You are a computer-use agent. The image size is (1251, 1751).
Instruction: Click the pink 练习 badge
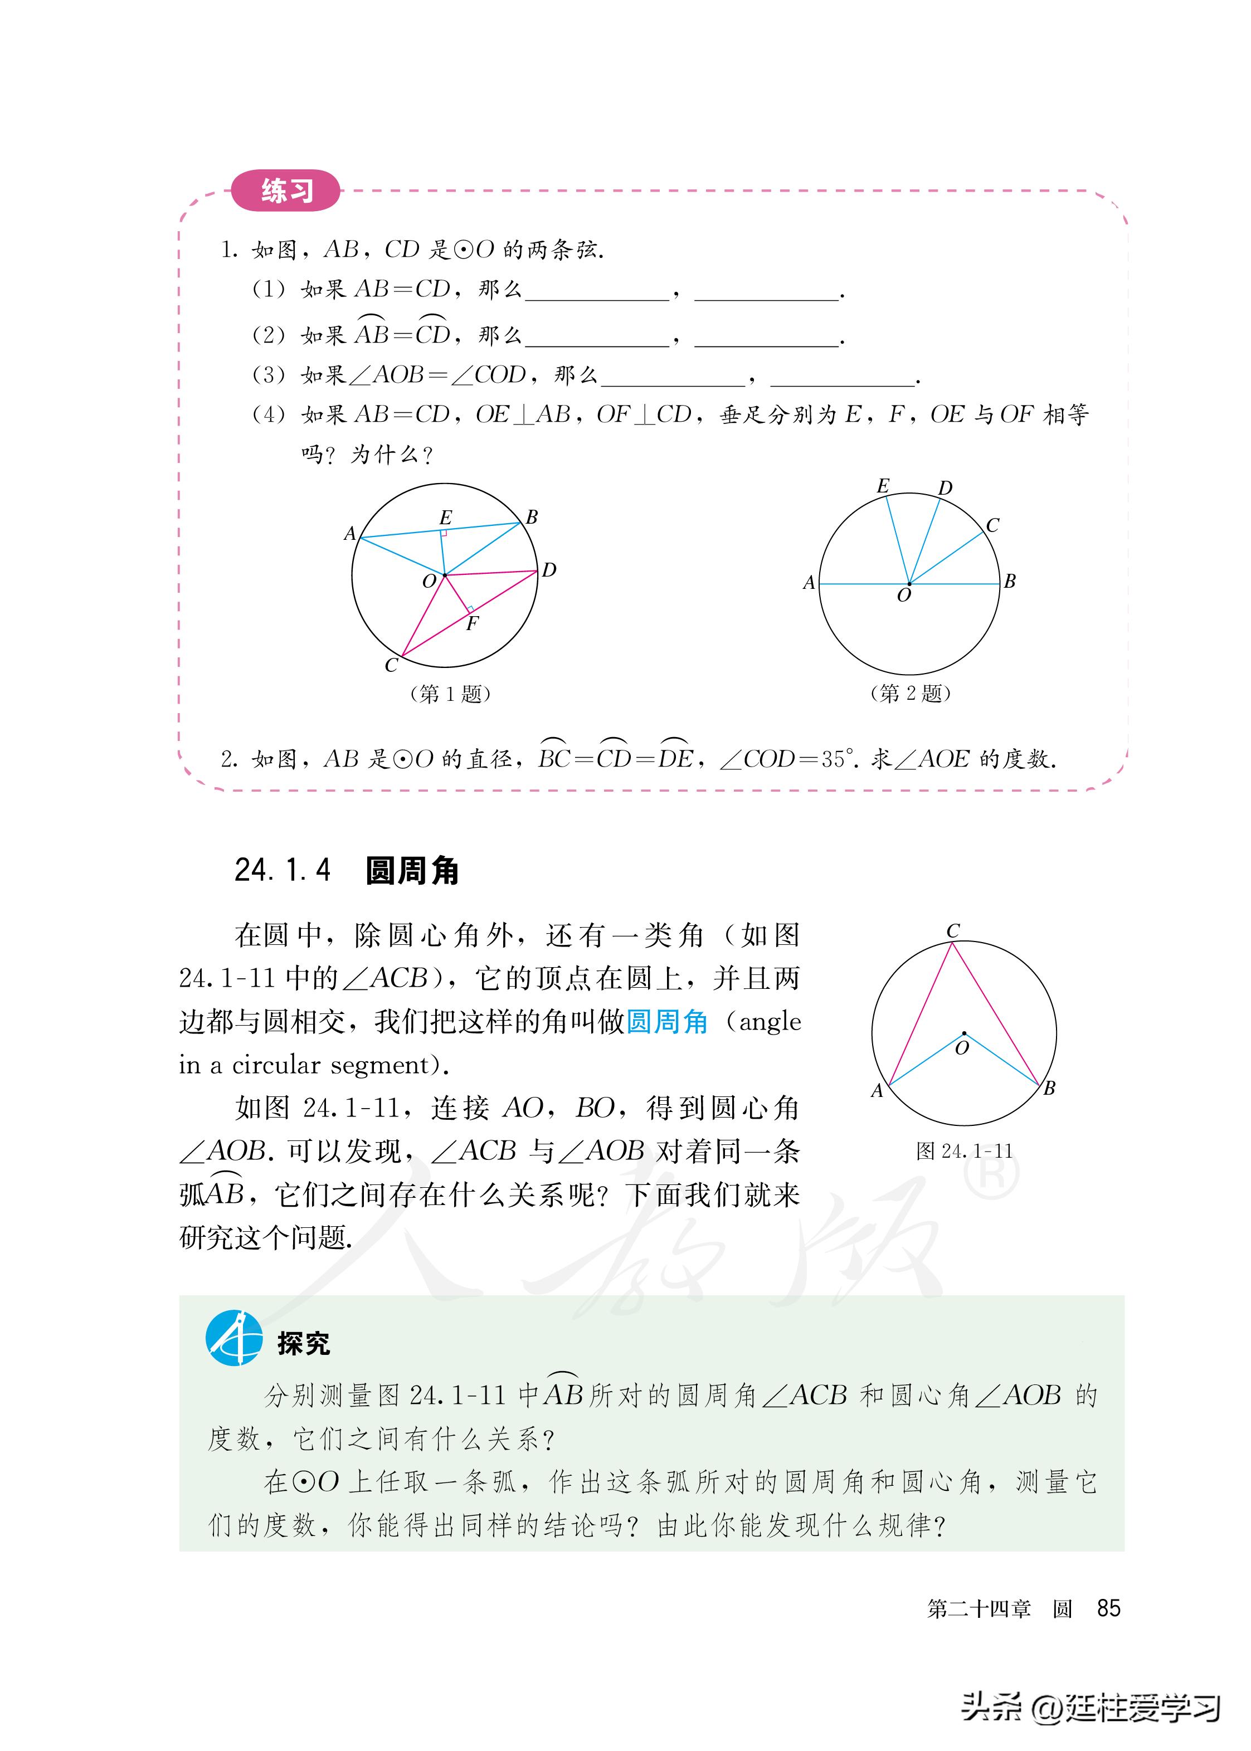tap(286, 190)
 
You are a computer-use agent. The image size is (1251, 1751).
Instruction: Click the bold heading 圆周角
tap(412, 871)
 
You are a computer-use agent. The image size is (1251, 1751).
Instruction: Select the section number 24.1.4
tap(283, 871)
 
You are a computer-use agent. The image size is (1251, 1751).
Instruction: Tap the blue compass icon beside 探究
tap(233, 1338)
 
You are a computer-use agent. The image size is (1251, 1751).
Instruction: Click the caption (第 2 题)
tap(910, 693)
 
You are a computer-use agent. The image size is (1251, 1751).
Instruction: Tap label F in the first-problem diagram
tap(472, 624)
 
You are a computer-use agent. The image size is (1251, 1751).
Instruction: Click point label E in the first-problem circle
tap(445, 518)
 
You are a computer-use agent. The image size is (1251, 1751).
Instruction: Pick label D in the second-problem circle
tap(945, 488)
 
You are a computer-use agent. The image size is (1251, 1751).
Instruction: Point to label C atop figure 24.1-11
tap(953, 930)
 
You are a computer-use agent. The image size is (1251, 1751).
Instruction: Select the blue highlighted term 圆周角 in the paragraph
tap(667, 1022)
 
